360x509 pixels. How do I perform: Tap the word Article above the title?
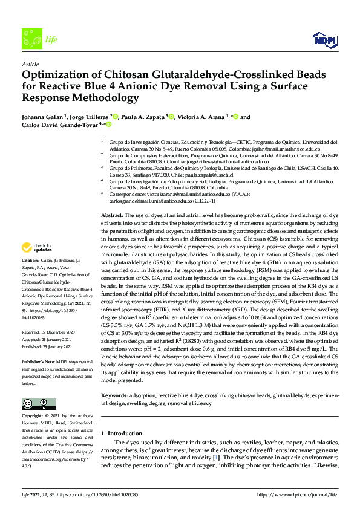coord(30,63)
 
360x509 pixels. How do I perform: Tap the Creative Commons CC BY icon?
coord(34,403)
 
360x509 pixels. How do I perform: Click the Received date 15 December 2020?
coord(56,332)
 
